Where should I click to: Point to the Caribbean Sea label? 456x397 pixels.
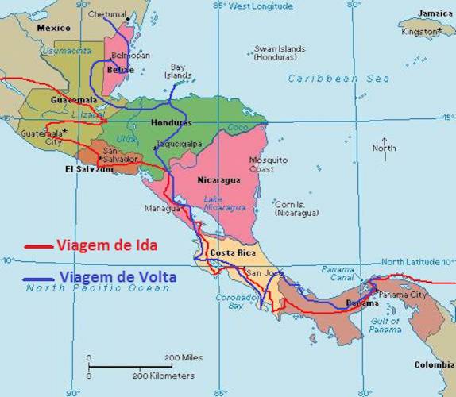coord(338,79)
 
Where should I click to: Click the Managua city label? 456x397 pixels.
coord(162,208)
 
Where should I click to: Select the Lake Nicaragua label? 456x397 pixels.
coord(224,202)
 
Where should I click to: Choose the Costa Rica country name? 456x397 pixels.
coord(231,252)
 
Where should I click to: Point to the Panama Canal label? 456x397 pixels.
coord(338,274)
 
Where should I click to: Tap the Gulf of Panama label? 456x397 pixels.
coord(385,324)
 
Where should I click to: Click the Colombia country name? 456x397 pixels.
coord(434,365)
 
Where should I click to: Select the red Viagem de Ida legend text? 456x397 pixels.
coord(106,245)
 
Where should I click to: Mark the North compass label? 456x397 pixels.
coord(385,148)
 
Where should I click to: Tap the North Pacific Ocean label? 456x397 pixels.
coord(98,288)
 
